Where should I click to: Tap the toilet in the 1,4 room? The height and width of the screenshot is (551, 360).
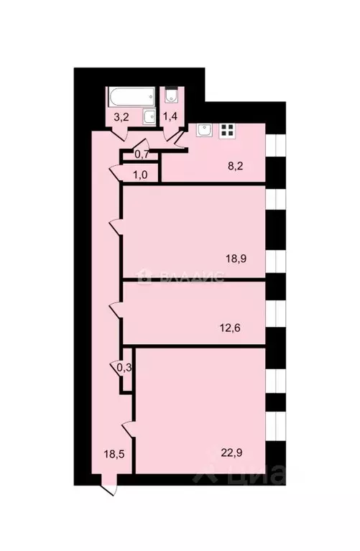(x=171, y=96)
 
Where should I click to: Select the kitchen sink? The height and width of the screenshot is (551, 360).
(x=204, y=130)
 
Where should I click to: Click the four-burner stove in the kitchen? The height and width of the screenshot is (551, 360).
(x=228, y=130)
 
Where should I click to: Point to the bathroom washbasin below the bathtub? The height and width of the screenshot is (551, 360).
(x=148, y=116)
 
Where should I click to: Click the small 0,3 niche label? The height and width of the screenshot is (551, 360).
(x=124, y=367)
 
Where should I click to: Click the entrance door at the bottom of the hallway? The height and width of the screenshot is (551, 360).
(x=108, y=489)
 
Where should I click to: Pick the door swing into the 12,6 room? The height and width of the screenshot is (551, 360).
(x=114, y=310)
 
